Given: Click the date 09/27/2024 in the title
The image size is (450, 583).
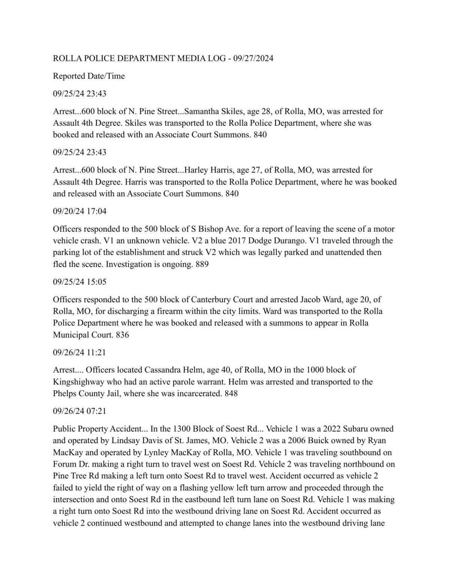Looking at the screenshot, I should coord(253,58).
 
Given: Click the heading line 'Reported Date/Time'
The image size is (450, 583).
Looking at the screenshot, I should coord(89,76).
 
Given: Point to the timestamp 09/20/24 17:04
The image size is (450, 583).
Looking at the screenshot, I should coord(79,212).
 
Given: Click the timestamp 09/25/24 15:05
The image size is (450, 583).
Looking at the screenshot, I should coord(79,282).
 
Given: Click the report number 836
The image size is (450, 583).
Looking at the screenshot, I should coord(122,335).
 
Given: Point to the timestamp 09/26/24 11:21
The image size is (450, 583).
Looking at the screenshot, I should coord(79,352).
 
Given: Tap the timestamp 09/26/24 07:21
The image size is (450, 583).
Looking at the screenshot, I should coord(79,411).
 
